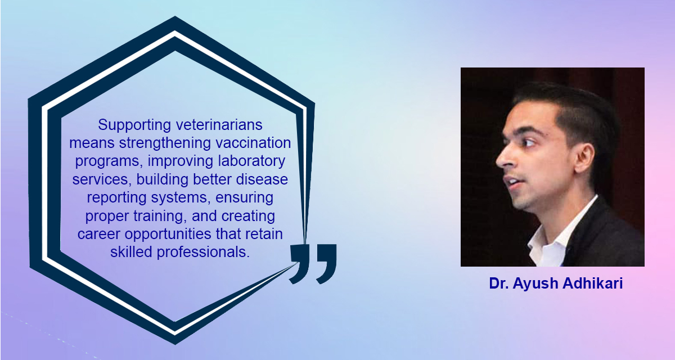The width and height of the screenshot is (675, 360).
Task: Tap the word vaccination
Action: (x=258, y=143)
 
